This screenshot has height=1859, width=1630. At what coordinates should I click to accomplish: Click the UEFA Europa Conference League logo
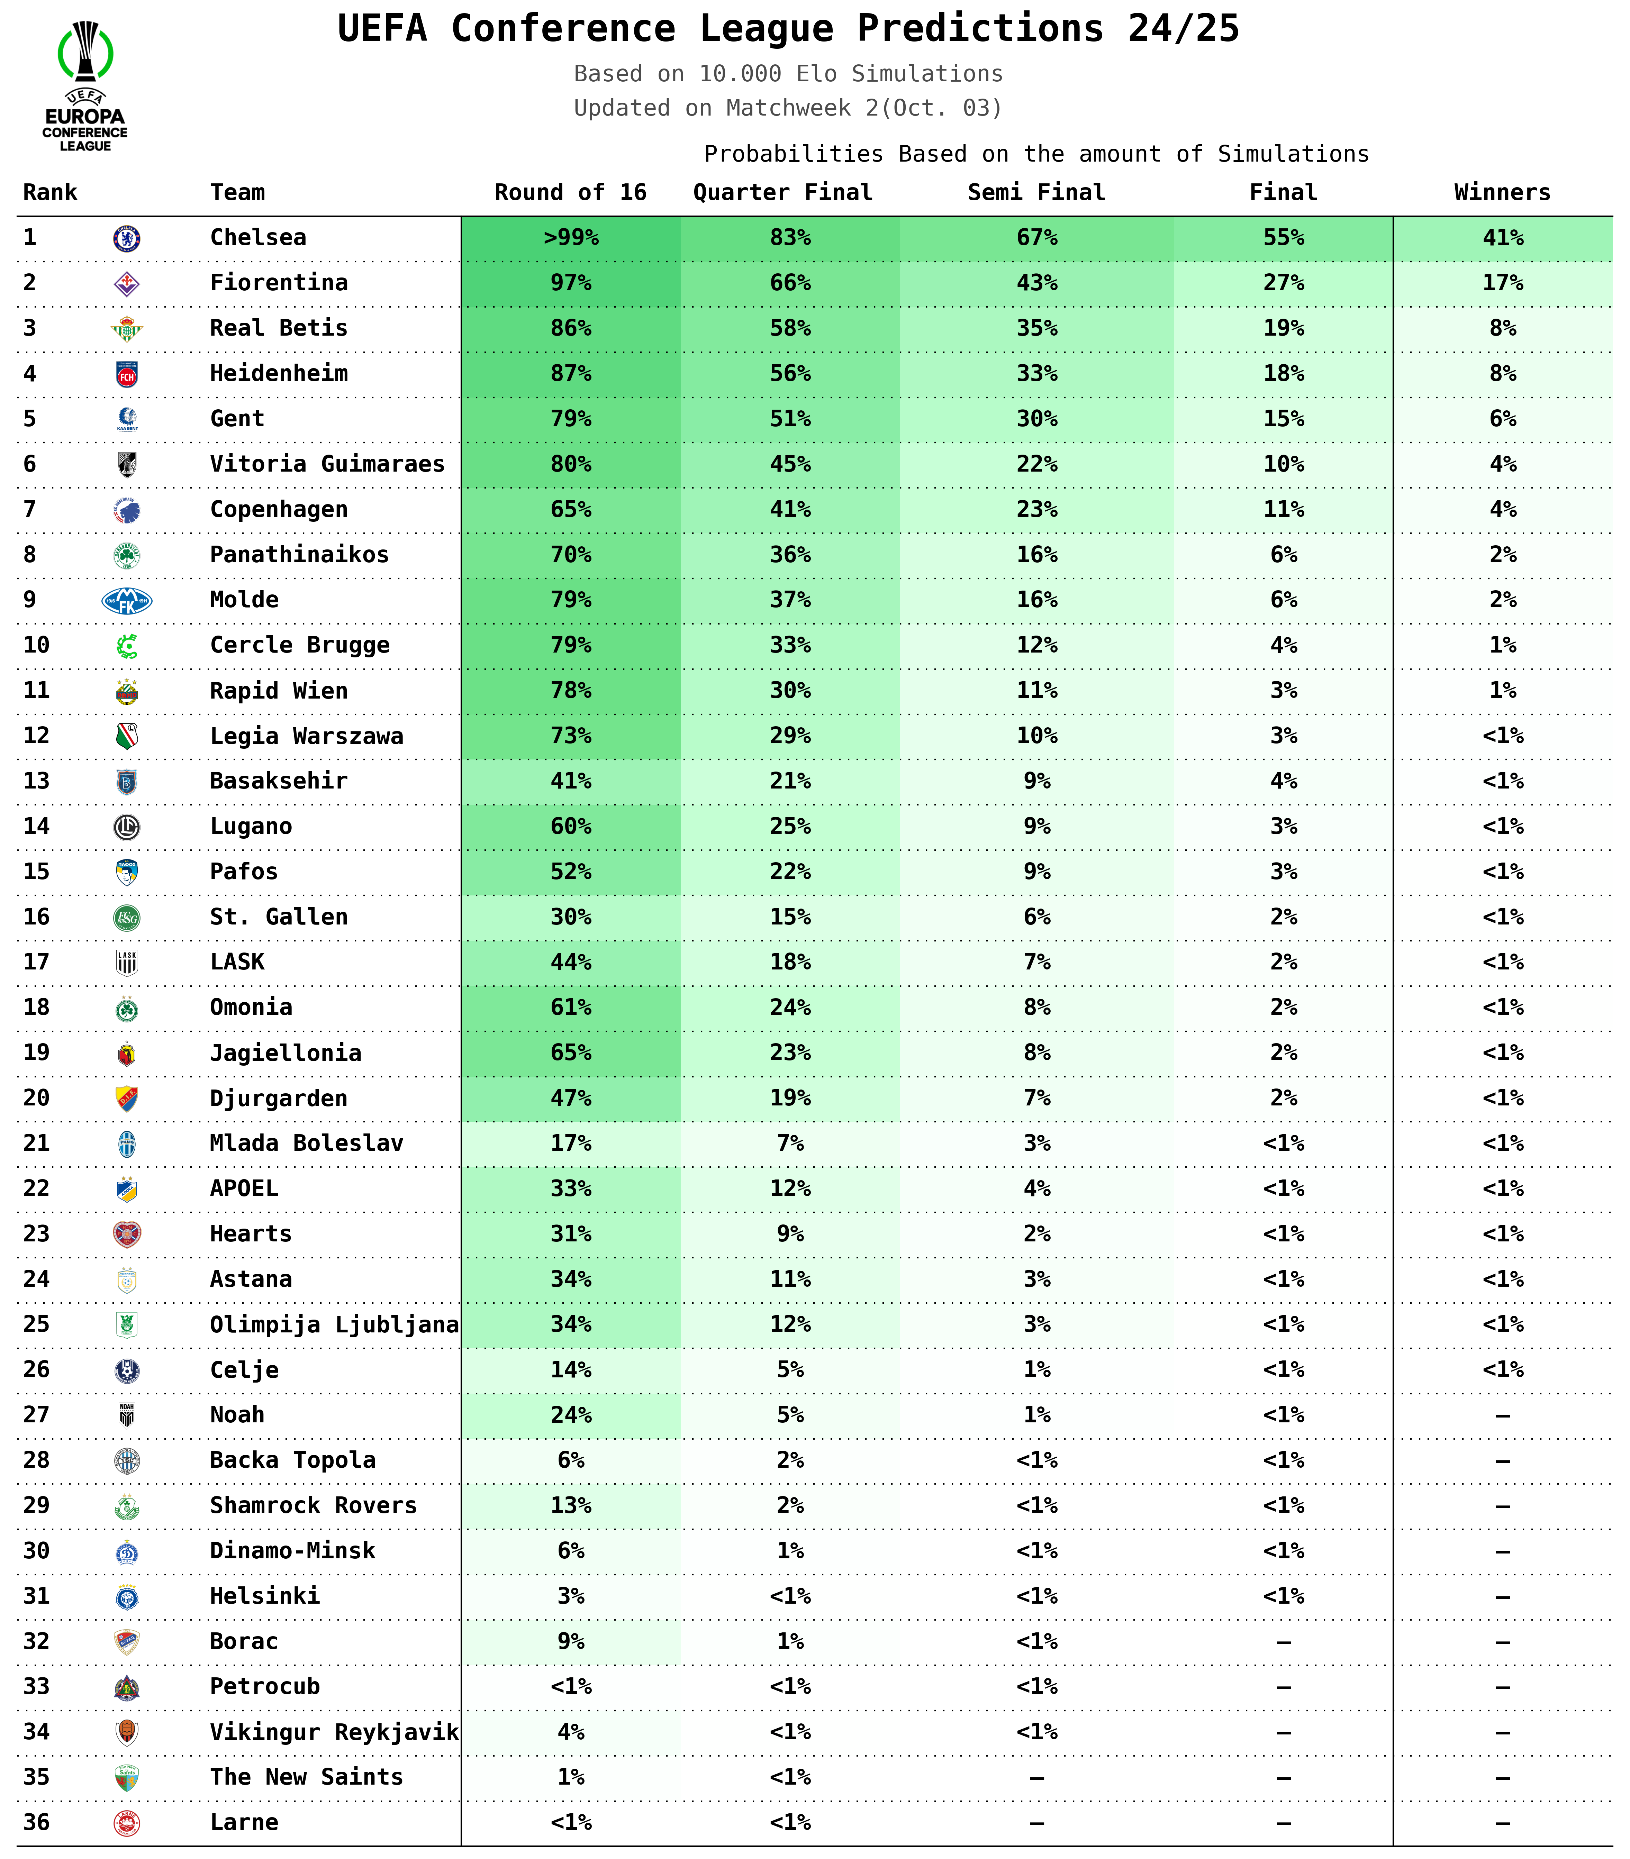point(85,86)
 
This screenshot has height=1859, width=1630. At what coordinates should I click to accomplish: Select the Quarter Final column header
point(782,193)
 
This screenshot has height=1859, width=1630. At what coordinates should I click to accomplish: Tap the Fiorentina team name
point(278,283)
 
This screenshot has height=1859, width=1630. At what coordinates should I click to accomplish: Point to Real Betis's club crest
point(126,328)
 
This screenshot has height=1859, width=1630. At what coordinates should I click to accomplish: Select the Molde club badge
point(126,600)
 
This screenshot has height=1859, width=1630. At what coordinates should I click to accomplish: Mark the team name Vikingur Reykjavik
point(334,1732)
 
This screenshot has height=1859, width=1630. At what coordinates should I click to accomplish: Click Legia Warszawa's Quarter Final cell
point(789,736)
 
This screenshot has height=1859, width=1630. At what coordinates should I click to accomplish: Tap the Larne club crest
point(126,1823)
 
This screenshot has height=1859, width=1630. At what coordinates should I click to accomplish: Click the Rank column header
point(50,193)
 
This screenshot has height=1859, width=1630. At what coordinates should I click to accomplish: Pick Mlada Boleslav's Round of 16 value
point(570,1143)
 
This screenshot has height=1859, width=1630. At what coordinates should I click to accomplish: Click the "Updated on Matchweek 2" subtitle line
point(788,108)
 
